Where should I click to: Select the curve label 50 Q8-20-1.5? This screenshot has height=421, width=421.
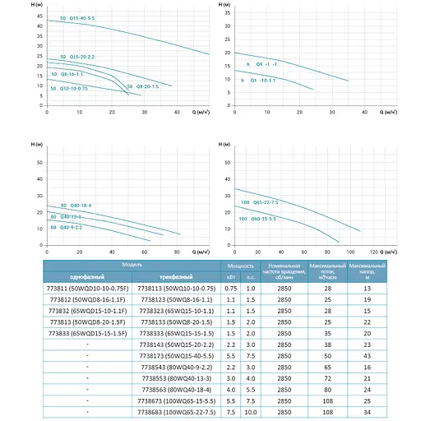[141, 86]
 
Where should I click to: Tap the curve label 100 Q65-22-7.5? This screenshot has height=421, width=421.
[261, 201]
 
